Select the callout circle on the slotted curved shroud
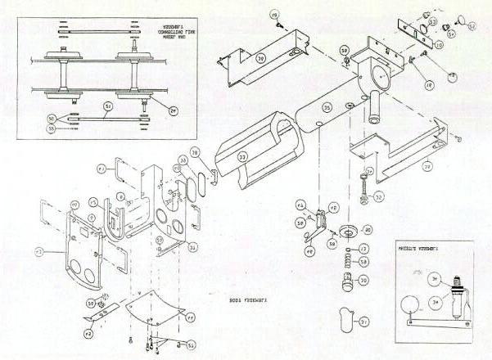[x=242, y=158]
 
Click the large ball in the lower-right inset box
[x=411, y=308]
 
